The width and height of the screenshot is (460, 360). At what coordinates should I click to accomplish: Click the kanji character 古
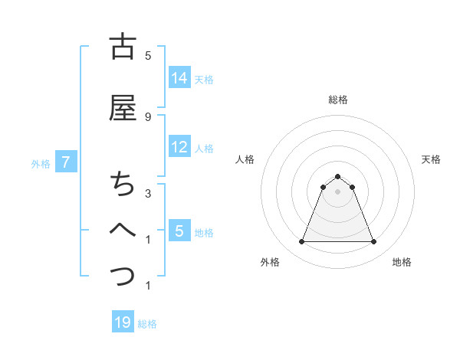click(x=123, y=47)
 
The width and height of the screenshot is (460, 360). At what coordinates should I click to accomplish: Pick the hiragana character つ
click(x=123, y=274)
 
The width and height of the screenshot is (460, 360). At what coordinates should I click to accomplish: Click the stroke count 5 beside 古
click(x=148, y=56)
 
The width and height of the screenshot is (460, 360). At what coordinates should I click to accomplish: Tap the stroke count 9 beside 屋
click(x=148, y=116)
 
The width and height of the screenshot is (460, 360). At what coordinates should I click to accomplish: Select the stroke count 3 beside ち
click(x=148, y=194)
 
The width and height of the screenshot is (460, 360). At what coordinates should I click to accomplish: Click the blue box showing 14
click(x=179, y=78)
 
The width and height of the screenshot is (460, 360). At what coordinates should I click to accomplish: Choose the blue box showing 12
click(x=179, y=147)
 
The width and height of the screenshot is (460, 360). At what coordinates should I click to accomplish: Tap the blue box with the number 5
click(x=179, y=231)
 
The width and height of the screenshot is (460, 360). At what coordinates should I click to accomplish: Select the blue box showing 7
click(x=67, y=162)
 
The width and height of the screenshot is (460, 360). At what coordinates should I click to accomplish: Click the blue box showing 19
click(x=123, y=322)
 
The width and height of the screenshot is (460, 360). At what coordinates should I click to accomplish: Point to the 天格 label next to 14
click(x=204, y=79)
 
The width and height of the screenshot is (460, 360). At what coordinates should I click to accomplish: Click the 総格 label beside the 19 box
click(x=147, y=324)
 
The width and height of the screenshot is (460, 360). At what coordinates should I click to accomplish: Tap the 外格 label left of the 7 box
click(x=41, y=163)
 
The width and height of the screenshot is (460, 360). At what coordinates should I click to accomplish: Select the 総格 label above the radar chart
click(x=337, y=100)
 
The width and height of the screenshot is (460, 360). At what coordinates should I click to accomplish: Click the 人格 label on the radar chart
click(x=245, y=159)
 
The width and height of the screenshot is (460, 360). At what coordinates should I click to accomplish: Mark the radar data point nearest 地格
click(x=373, y=242)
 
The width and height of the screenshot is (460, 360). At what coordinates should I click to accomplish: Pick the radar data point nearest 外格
click(x=301, y=242)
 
